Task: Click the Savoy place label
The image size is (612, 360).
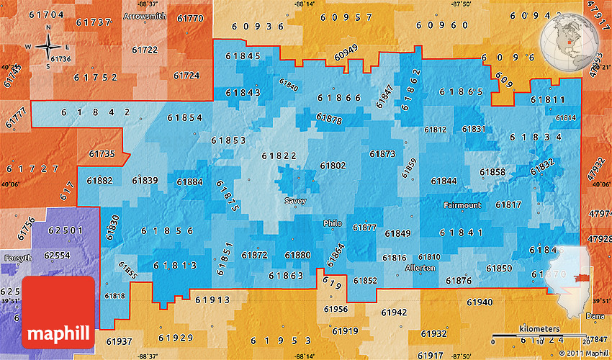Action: [295, 201]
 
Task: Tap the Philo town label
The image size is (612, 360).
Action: [333, 223]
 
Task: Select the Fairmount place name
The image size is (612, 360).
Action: [462, 205]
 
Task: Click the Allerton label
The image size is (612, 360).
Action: [420, 267]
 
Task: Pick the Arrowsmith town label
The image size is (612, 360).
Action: [144, 15]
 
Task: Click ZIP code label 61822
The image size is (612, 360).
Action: [279, 156]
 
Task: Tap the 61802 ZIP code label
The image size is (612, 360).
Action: [333, 166]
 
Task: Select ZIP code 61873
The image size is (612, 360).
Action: [382, 153]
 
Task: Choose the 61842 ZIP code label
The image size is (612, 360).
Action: [96, 112]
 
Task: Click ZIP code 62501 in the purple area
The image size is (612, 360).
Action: [65, 230]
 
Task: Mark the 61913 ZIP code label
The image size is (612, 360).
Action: [212, 300]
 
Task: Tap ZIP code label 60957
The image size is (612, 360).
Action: [346, 17]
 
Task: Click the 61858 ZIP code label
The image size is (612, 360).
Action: [492, 172]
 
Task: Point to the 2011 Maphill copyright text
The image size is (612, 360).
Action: [584, 353]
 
